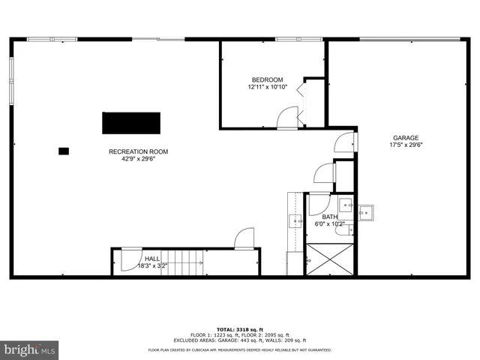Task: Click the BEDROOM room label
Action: (x=267, y=80)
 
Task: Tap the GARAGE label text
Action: (x=406, y=137)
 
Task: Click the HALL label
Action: (x=152, y=258)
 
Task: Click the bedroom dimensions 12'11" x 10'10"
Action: (x=268, y=88)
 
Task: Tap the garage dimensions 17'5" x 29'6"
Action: (x=406, y=145)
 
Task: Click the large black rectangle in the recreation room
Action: (x=131, y=123)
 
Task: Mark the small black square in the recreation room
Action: (x=64, y=151)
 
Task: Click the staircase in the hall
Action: (x=182, y=262)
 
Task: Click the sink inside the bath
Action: (x=346, y=203)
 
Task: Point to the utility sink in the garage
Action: (x=366, y=212)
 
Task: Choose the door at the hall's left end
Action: (x=129, y=259)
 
